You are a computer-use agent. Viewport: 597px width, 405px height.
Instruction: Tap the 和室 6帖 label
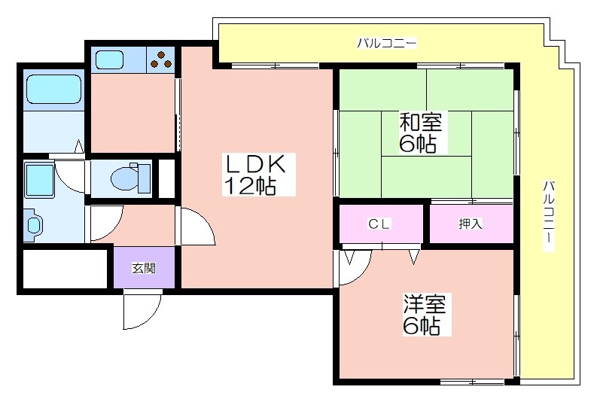pyautogui.click(x=420, y=132)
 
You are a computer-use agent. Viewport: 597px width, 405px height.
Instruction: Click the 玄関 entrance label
pyautogui.click(x=144, y=268)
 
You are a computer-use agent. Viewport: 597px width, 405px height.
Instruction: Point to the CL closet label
pyautogui.click(x=379, y=224)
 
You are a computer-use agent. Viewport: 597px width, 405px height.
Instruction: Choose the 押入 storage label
pyautogui.click(x=471, y=224)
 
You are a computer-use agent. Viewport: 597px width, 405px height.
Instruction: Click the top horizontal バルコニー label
pyautogui.click(x=387, y=43)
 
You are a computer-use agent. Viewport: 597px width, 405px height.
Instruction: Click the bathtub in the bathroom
pyautogui.click(x=53, y=89)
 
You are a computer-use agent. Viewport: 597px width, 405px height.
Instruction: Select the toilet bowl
pyautogui.click(x=130, y=178)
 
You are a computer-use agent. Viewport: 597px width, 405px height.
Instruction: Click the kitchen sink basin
pyautogui.click(x=110, y=59)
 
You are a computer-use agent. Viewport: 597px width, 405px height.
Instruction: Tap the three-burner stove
pyautogui.click(x=160, y=59)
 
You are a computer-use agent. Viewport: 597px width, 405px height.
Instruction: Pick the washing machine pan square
pyautogui.click(x=39, y=181)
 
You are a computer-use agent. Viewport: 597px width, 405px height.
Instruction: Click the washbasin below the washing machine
pyautogui.click(x=34, y=224)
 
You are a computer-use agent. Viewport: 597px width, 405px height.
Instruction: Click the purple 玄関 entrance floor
pyautogui.click(x=145, y=268)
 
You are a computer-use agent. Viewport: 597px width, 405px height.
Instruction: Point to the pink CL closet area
pyautogui.click(x=381, y=224)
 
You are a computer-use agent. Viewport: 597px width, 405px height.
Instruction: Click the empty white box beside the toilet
pyautogui.click(x=166, y=179)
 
